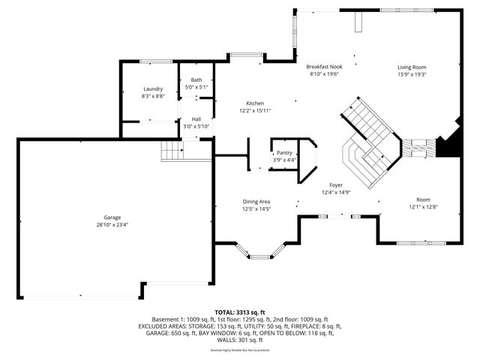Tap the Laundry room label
pos(153,88)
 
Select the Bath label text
pos(196,80)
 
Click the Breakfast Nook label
pos(324,67)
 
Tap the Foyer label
pos(336,184)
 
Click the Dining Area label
pos(256,202)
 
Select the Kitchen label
pos(255,103)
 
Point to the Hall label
pos(196,118)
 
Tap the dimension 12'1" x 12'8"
pos(418,207)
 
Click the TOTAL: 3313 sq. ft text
pos(240,311)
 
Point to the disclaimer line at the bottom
pos(240,349)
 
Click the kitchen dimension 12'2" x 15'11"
pos(255,110)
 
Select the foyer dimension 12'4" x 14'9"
pos(336,192)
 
